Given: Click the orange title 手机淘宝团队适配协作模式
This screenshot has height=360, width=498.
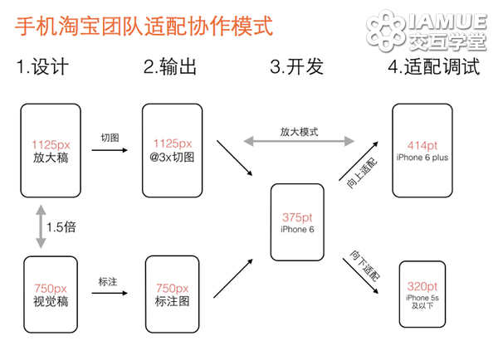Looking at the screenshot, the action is (144, 26).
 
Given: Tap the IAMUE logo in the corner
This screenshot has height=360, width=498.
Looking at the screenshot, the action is (427, 31).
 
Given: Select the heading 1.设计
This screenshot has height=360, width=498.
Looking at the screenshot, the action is (42, 66).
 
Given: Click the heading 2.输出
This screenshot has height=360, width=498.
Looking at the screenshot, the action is (170, 66).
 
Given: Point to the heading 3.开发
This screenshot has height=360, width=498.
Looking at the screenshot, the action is (296, 66).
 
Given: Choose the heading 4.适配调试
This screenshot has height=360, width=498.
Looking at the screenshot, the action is (434, 66).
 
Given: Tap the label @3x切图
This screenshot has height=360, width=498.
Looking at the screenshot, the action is (172, 157).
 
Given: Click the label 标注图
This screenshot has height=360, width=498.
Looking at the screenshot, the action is (172, 301).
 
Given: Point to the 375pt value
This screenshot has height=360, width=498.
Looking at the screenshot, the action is (297, 217).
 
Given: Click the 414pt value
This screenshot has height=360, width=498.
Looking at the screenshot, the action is (422, 145).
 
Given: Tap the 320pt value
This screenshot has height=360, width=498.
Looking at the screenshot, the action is (422, 286).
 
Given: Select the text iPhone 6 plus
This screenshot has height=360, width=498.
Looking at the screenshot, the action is (422, 158).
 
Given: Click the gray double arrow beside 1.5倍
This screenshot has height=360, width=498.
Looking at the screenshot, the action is (41, 226).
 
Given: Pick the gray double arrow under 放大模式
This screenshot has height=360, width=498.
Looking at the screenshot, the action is (299, 141).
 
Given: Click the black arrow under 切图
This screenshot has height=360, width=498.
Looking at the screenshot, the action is (110, 150).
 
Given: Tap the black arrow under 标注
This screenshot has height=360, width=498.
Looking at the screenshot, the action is (110, 293).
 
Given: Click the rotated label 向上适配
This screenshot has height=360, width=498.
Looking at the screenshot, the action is (362, 173).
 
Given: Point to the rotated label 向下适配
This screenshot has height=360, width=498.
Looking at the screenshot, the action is (365, 265).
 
